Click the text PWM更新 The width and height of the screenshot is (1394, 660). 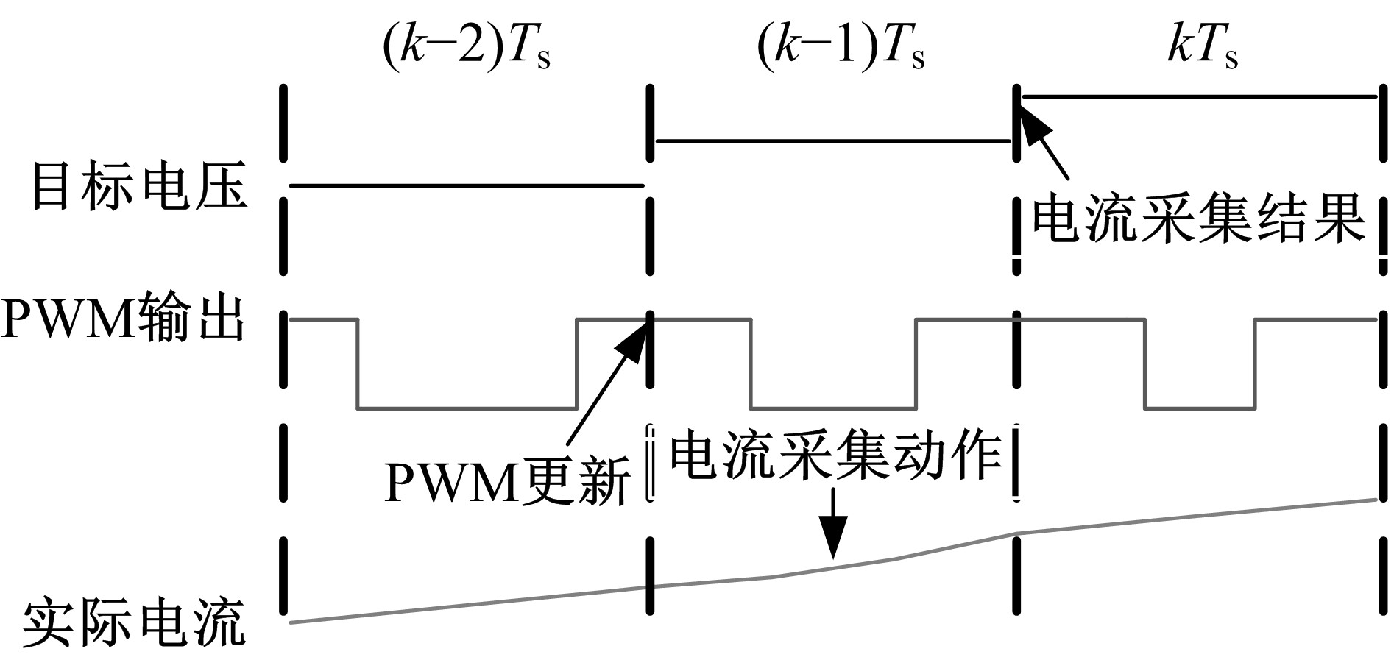(508, 480)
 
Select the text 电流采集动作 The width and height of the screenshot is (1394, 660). (836, 457)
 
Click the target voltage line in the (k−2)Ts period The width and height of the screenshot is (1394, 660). (467, 186)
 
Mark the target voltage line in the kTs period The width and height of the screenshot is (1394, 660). (1198, 96)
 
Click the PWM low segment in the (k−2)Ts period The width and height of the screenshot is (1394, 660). (467, 408)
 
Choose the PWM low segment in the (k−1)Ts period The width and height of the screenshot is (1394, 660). (833, 408)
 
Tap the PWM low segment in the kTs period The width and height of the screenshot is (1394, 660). (1200, 408)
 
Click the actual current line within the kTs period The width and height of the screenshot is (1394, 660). (1198, 516)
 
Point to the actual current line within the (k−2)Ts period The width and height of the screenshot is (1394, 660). (467, 606)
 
